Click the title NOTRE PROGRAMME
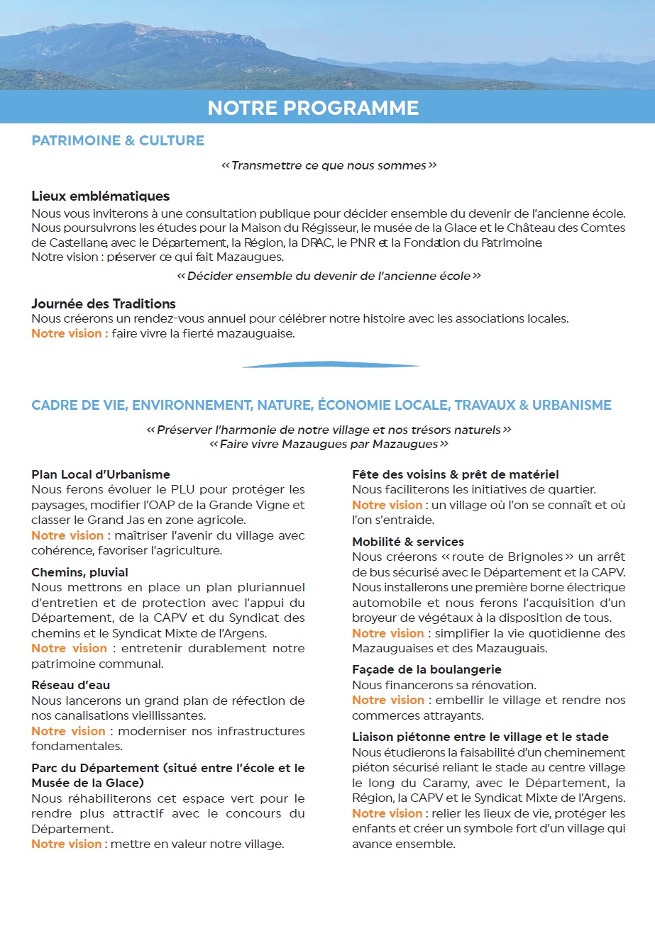click(313, 108)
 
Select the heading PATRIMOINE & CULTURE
click(118, 140)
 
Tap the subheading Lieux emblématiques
click(100, 196)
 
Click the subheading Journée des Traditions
click(104, 303)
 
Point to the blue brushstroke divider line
click(330, 366)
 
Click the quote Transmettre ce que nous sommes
click(329, 165)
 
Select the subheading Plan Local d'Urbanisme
click(101, 474)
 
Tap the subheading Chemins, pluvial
click(80, 572)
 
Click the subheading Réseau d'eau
click(71, 685)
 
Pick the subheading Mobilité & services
click(408, 542)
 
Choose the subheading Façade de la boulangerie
click(427, 669)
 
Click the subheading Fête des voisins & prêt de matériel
click(456, 474)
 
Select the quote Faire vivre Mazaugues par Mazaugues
click(329, 445)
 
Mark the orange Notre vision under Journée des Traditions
click(70, 333)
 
